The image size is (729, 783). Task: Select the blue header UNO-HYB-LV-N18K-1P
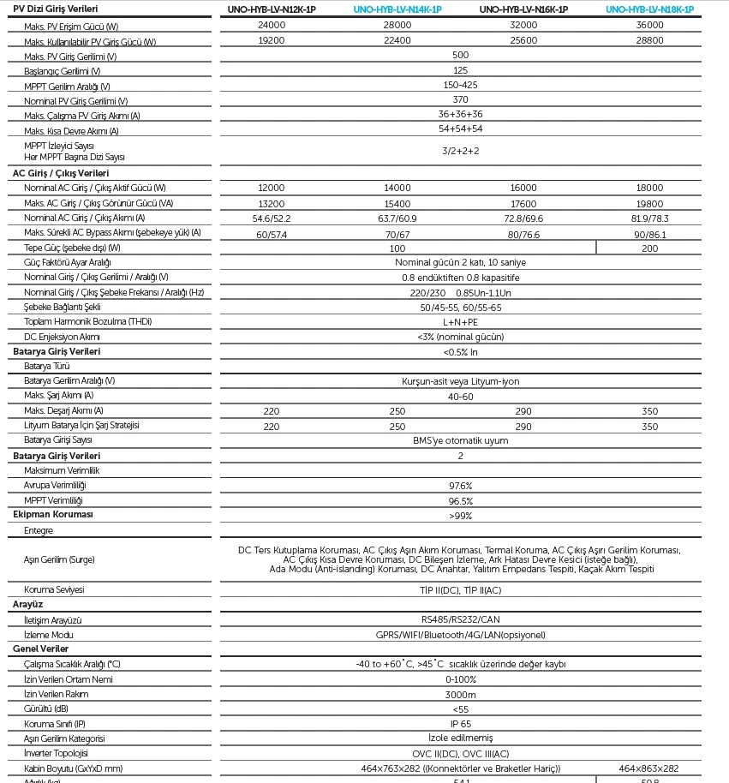coord(649,9)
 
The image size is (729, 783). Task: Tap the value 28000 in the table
coord(397,26)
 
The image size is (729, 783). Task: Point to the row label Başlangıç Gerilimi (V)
coord(62,71)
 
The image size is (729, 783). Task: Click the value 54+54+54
coord(460,129)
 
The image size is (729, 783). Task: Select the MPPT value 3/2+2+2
coord(460,151)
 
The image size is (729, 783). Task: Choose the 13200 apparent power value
coord(272,204)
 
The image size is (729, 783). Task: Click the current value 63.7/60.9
coord(397,218)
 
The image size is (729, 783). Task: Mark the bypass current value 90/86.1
coord(649,233)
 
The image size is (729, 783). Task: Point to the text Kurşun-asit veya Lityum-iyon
coord(460,381)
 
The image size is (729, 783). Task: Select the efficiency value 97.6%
coord(460,486)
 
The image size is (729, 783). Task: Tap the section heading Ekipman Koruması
coord(53,515)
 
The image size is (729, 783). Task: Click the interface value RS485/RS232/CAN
coord(460,619)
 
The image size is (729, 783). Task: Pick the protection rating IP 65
coord(460,724)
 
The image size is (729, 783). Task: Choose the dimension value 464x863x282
coord(649,768)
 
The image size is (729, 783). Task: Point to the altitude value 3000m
coord(460,694)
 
